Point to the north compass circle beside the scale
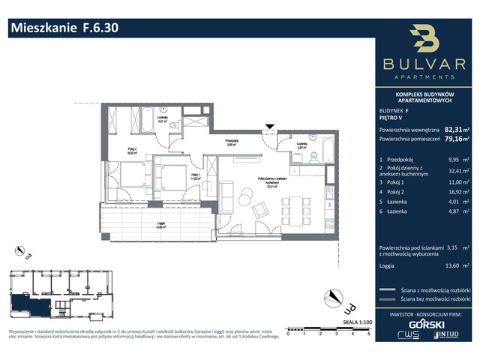click(349, 305)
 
